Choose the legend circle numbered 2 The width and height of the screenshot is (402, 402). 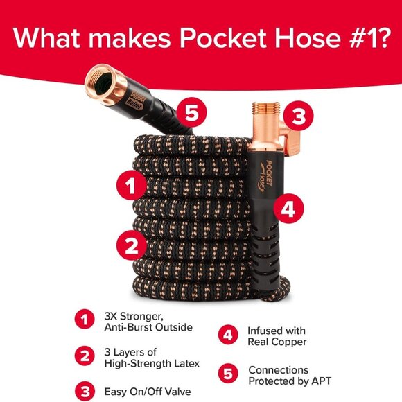(83, 357)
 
